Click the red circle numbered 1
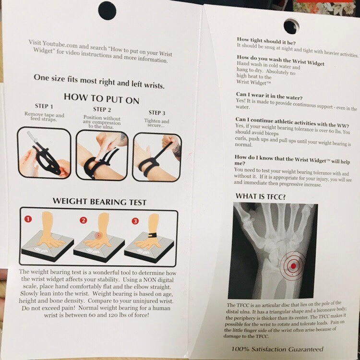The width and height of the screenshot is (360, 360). coord(28,219)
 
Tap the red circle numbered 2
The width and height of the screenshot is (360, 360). coord(84,220)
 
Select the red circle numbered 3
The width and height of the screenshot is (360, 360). coord(135,221)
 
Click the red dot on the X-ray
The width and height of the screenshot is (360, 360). coord(293,266)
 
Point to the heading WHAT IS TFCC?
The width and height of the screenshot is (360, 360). coord(261,196)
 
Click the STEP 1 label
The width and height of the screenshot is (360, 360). coord(44,106)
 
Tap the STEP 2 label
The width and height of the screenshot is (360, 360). coord(102,109)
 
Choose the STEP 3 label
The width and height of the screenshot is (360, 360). coord(157,113)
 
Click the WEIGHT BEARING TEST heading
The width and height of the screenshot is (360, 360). coord(99,202)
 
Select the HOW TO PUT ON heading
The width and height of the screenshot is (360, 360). coord(101,99)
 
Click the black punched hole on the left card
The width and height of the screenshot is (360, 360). coord(107,11)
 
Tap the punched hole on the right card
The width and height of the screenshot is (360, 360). coord(291,26)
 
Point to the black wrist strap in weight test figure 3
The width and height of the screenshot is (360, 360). coord(153,236)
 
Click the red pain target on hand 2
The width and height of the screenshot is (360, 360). coord(99,235)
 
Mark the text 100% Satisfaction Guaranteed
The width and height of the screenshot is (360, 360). coord(277,349)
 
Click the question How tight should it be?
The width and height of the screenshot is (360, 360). coord(266,41)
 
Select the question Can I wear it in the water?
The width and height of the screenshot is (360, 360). coord(269,96)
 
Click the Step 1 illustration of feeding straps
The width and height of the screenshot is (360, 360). coord(44,153)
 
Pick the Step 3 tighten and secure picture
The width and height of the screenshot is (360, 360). coord(157,157)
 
